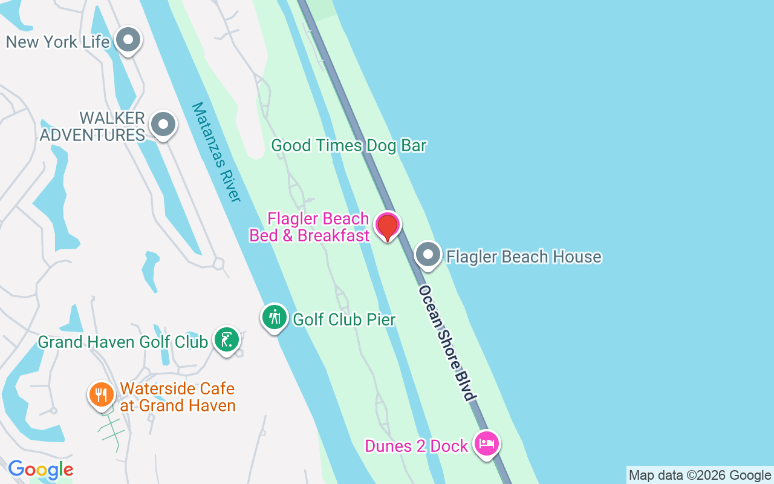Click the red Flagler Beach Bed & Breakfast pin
387,226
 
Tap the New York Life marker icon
128,41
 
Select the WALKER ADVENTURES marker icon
163,125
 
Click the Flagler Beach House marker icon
428,255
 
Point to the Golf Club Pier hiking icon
275,317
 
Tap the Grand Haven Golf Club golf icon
227,341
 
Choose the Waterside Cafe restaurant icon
102,395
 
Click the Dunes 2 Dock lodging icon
487,445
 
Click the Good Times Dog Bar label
349,146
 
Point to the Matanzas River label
216,152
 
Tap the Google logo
41,469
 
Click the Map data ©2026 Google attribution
700,476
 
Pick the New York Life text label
58,42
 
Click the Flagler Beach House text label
524,257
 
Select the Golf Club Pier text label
344,319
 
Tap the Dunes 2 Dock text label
417,446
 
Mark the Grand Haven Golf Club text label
123,342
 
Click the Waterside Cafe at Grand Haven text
177,397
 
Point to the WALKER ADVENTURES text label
93,126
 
